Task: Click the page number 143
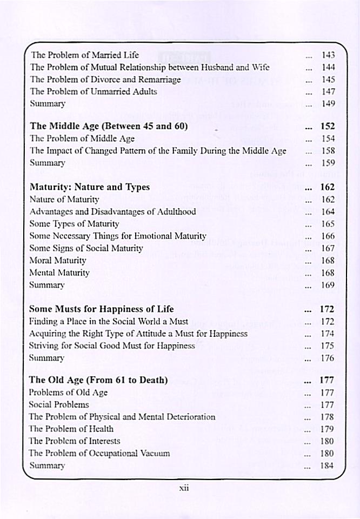tap(328, 55)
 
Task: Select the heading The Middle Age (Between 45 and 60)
tap(109, 127)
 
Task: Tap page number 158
tap(328, 151)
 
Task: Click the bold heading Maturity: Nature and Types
tap(90, 188)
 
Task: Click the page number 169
tap(328, 285)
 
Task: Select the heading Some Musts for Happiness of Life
tap(101, 309)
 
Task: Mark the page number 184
tap(328, 465)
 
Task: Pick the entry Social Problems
tap(59, 404)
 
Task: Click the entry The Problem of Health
tap(71, 429)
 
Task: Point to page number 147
tap(328, 91)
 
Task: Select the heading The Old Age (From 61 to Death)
tap(98, 380)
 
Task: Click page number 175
tap(328, 346)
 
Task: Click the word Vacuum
tap(154, 453)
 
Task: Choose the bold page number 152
tap(328, 127)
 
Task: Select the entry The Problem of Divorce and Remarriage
tap(105, 79)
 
